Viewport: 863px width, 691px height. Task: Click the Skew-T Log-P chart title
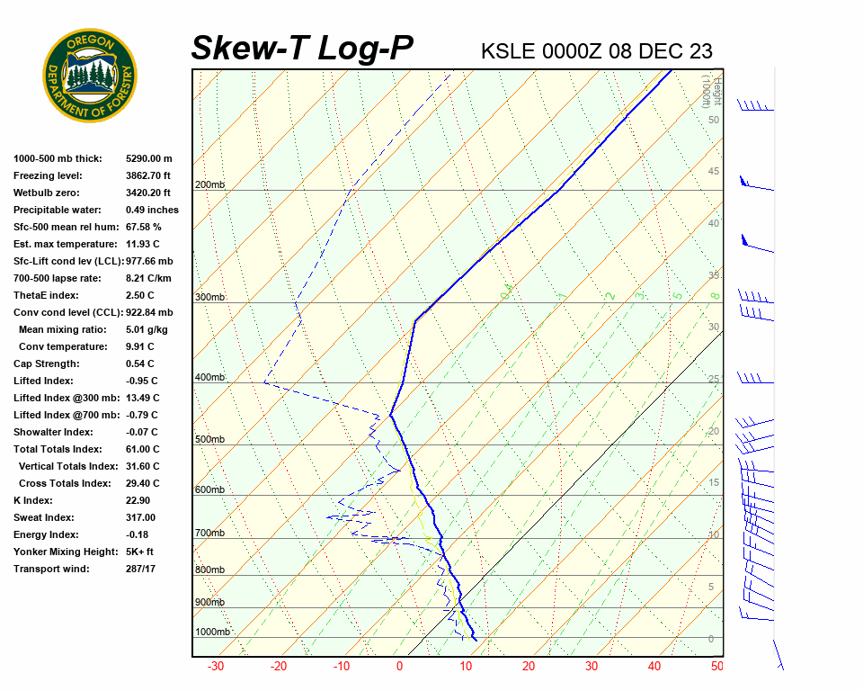click(x=303, y=49)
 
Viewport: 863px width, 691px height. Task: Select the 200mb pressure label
click(x=209, y=185)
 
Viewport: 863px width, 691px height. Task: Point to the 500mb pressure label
click(x=209, y=440)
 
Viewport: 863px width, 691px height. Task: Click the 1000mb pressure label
click(x=213, y=633)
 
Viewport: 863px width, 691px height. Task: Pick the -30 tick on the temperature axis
click(x=216, y=667)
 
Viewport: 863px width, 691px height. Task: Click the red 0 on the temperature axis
click(x=399, y=667)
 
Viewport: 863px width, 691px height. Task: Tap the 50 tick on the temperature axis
click(x=716, y=667)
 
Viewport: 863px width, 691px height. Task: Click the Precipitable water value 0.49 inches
click(x=152, y=210)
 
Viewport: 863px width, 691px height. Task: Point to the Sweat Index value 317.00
click(x=140, y=517)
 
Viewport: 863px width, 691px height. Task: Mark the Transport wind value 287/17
click(x=141, y=569)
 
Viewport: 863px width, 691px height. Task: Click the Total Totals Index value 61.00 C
click(x=142, y=449)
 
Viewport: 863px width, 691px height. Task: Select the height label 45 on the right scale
click(x=714, y=172)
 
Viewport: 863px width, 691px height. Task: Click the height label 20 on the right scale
click(x=714, y=431)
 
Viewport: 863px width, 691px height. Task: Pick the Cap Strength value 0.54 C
click(x=140, y=363)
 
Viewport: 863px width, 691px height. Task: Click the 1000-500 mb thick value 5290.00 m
click(x=148, y=158)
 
